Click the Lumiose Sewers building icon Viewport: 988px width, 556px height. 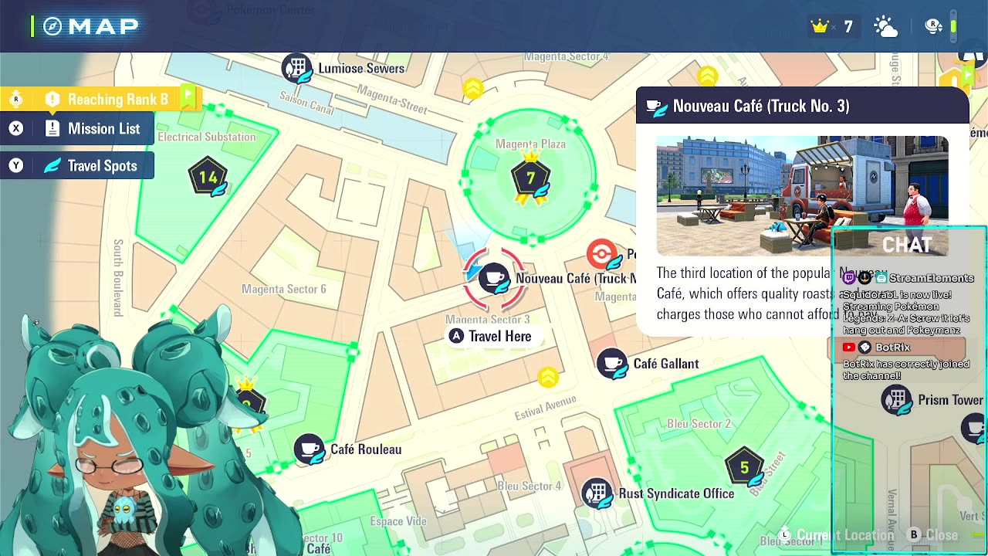tap(296, 68)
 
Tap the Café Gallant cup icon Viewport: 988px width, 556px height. tap(612, 363)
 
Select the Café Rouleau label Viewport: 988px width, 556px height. tap(366, 449)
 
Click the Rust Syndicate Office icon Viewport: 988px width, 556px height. tap(597, 493)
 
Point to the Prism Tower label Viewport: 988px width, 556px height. tap(950, 400)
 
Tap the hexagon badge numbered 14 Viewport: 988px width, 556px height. tap(208, 178)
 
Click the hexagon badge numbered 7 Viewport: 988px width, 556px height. tap(530, 178)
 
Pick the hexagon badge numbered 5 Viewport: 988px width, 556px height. tap(744, 467)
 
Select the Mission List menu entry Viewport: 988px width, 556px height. tap(103, 129)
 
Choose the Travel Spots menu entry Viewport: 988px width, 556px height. tap(102, 166)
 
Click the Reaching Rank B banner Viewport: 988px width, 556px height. tap(117, 100)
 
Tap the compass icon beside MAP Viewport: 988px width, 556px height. tap(52, 27)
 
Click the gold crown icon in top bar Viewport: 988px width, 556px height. tap(819, 27)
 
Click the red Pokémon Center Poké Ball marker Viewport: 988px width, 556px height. tap(601, 253)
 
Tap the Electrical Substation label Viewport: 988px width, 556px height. tap(206, 137)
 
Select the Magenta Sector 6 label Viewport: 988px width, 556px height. tap(283, 290)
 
